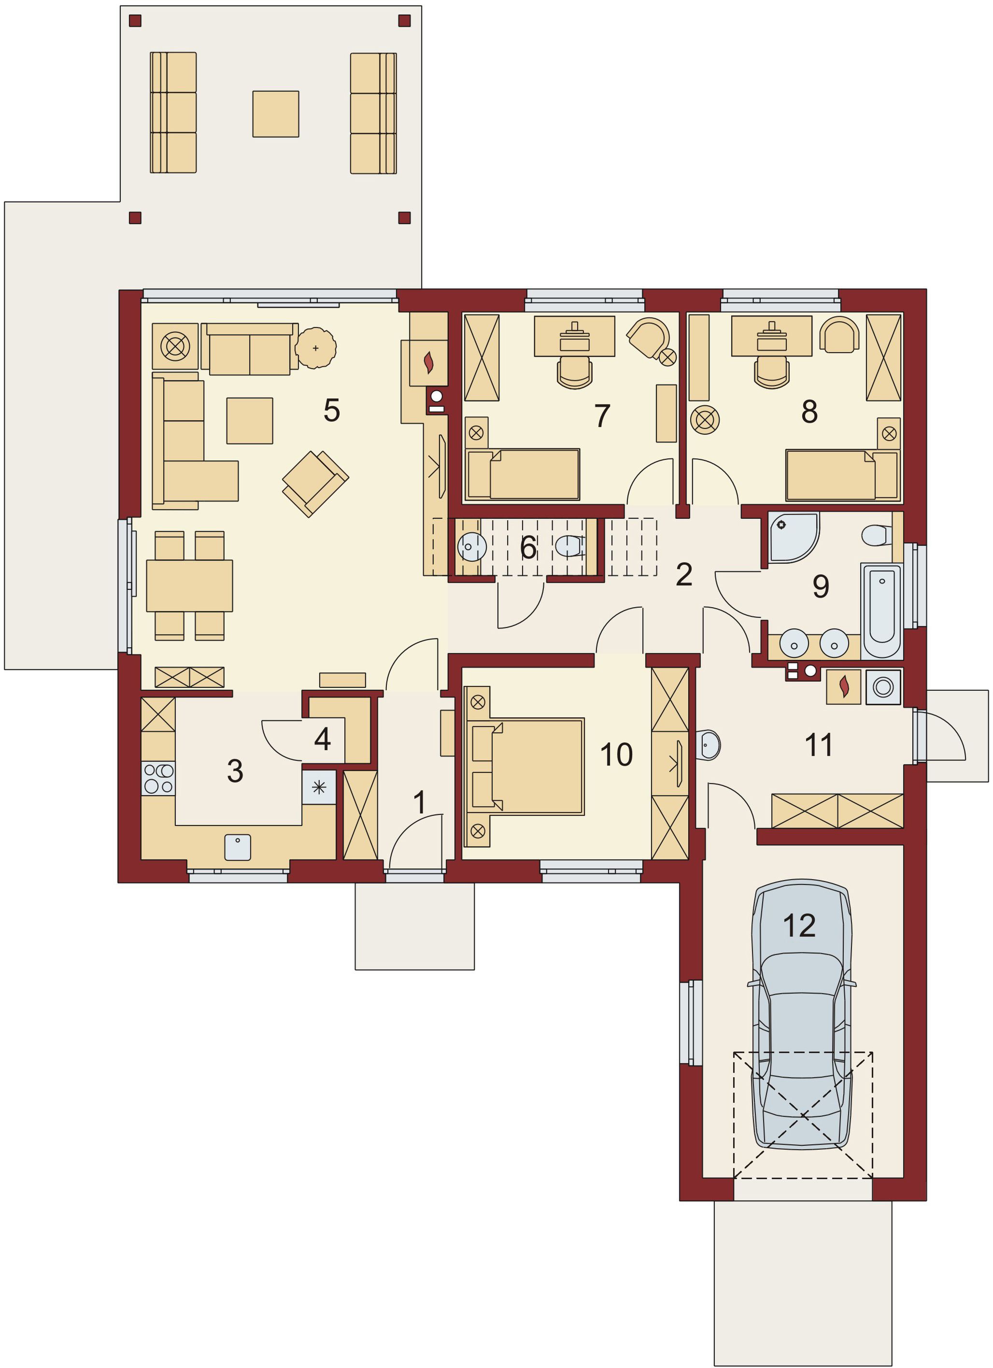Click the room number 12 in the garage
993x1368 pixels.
pyautogui.click(x=799, y=925)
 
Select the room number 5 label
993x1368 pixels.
pyautogui.click(x=332, y=410)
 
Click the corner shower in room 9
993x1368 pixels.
pyautogui.click(x=793, y=537)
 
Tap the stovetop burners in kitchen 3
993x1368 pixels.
pyautogui.click(x=158, y=778)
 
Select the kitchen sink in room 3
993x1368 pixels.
pyautogui.click(x=238, y=847)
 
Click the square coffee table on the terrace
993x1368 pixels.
pyautogui.click(x=275, y=114)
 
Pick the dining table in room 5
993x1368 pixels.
pyautogui.click(x=189, y=585)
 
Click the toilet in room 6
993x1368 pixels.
pyautogui.click(x=570, y=546)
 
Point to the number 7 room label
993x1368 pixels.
pyautogui.click(x=602, y=415)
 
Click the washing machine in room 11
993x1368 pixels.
pyautogui.click(x=883, y=686)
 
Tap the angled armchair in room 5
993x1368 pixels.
pyautogui.click(x=315, y=484)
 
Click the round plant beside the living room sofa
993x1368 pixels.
pyautogui.click(x=315, y=348)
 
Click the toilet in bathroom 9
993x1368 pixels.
pyautogui.click(x=877, y=535)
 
